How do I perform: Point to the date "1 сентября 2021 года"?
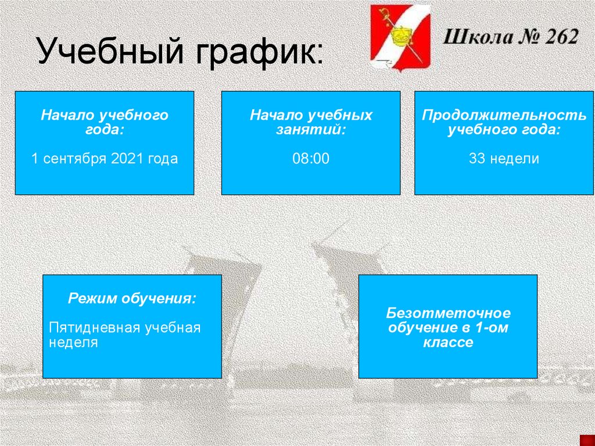tap(105, 159)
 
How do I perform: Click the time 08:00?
tap(311, 159)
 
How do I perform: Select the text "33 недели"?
tap(504, 159)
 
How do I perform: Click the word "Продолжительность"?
tap(504, 115)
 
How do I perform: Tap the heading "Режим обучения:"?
tap(132, 299)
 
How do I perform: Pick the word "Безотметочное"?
tap(448, 314)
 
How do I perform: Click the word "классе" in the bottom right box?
tap(448, 343)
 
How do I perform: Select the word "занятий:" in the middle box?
tap(311, 130)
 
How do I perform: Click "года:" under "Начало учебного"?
tap(105, 130)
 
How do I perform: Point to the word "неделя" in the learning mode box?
tap(73, 342)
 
